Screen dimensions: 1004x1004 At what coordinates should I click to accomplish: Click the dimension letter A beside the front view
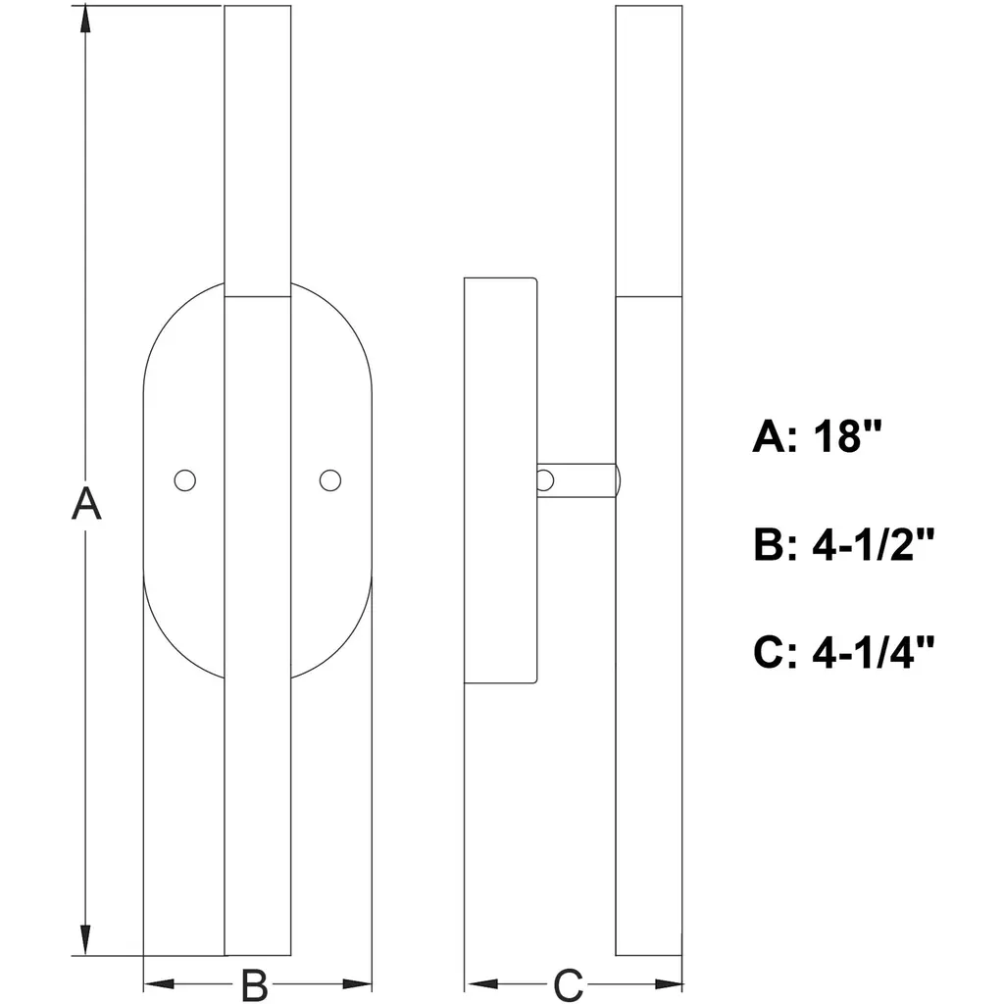point(86,503)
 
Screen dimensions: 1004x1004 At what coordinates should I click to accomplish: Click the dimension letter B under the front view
point(254,984)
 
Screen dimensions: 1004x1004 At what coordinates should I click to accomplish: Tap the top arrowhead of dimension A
point(85,20)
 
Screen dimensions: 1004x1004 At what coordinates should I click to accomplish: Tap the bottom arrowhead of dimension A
point(85,941)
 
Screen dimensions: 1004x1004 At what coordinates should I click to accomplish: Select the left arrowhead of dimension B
point(158,984)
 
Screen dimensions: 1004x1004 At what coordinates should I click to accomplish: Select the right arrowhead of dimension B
point(357,984)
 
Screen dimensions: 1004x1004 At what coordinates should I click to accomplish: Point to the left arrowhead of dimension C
point(481,984)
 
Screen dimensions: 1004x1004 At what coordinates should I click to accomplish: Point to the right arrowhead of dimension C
point(668,984)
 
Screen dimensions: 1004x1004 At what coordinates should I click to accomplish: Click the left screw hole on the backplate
point(185,480)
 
